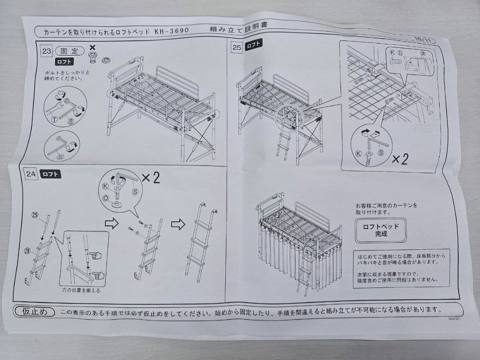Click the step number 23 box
(x=47, y=51)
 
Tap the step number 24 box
(x=31, y=174)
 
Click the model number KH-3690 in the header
(x=172, y=31)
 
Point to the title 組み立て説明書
(x=240, y=27)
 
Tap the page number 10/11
(x=422, y=39)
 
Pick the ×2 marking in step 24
(x=151, y=178)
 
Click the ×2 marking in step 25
(x=399, y=159)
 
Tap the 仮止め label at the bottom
(x=35, y=312)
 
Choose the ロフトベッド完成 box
(x=380, y=229)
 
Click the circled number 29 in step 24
(x=35, y=215)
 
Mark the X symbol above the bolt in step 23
(x=92, y=47)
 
